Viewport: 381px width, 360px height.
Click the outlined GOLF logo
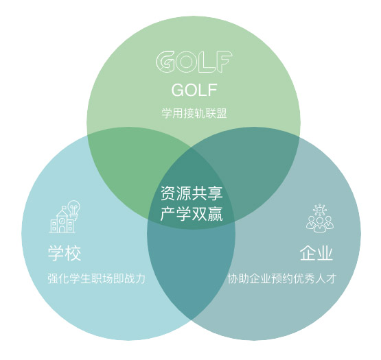[194, 62]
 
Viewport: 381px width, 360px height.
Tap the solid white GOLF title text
[194, 90]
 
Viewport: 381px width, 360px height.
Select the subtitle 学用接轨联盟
[194, 113]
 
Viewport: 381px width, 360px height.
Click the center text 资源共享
[192, 193]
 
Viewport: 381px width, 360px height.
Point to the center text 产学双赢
[192, 214]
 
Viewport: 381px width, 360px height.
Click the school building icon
[62, 220]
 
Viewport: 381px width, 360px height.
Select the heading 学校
[65, 253]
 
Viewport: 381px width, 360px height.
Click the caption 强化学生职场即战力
[97, 278]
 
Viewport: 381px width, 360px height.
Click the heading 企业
[316, 253]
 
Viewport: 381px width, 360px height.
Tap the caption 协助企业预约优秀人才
[282, 278]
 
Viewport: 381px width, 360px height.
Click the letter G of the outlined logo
[165, 62]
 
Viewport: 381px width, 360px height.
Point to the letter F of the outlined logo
[224, 62]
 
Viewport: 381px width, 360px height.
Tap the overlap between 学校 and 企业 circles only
[192, 267]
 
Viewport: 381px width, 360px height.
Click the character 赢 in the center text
[215, 214]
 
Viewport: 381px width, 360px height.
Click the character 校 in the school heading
[73, 253]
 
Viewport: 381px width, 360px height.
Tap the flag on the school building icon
[64, 208]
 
